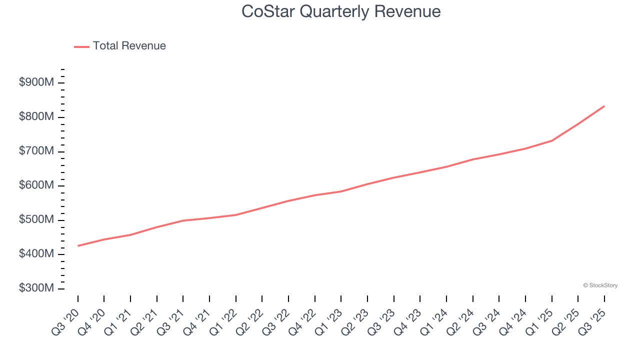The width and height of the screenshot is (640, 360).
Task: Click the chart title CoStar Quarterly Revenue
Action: point(341,11)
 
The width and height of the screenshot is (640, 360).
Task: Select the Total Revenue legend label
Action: point(129,46)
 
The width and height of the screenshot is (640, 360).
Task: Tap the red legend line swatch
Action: point(81,46)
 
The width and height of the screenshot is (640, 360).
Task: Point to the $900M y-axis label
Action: point(36,82)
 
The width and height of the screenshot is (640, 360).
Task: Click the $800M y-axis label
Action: point(36,117)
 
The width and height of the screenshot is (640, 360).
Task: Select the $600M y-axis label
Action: point(36,185)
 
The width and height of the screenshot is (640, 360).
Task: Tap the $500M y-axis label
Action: point(36,220)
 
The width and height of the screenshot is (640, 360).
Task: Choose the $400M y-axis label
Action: point(36,254)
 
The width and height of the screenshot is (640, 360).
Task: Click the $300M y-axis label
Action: point(36,288)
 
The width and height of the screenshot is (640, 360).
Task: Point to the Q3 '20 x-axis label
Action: point(66,321)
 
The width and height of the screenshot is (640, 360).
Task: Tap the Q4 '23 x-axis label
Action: point(408,321)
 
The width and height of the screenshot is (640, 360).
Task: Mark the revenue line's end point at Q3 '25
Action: point(604,106)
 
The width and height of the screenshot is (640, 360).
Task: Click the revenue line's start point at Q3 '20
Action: point(78,246)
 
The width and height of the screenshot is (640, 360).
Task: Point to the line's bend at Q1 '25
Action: point(551,140)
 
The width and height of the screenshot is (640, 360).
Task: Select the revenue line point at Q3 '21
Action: point(183,220)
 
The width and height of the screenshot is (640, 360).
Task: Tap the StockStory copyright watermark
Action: point(600,285)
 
